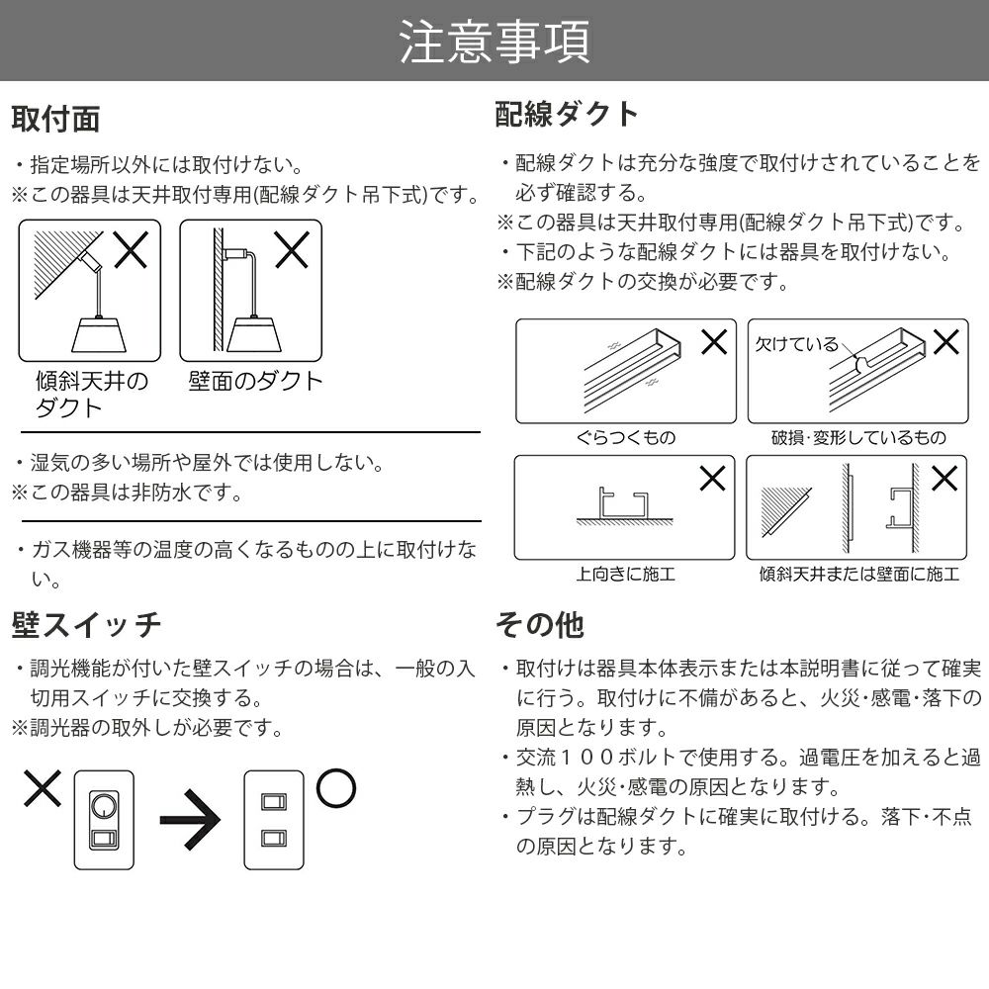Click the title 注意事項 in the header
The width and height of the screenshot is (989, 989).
(x=494, y=42)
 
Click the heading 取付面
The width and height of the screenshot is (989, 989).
(x=55, y=119)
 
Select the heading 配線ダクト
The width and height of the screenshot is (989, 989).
(x=568, y=114)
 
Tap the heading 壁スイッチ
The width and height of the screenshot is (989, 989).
(x=86, y=625)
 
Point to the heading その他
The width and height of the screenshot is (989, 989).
(x=539, y=625)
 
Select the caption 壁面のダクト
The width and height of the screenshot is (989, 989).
(x=256, y=382)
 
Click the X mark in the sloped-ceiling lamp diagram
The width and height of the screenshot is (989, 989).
(x=131, y=250)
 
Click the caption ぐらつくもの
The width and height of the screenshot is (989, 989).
(x=625, y=437)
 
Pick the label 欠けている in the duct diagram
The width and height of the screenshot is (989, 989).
(x=796, y=344)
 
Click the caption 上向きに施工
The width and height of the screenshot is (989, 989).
(x=625, y=574)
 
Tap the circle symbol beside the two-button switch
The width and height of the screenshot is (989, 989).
(x=335, y=788)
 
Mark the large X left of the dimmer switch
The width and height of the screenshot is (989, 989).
(x=42, y=789)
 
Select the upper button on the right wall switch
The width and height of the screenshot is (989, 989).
(x=273, y=802)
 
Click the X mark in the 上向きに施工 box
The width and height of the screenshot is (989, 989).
(x=711, y=479)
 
